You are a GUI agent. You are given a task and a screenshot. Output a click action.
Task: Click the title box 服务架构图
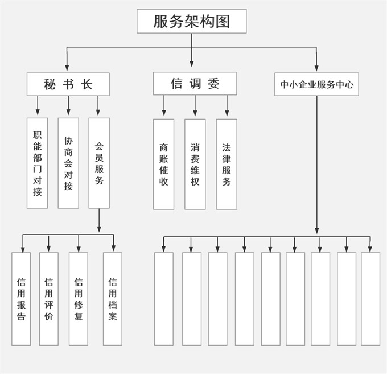click(192, 21)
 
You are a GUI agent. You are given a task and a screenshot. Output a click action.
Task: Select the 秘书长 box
click(68, 84)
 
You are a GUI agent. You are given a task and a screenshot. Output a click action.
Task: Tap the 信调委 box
click(195, 84)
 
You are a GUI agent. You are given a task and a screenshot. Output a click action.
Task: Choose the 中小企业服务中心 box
click(316, 84)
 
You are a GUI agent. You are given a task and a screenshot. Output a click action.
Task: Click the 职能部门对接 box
click(38, 163)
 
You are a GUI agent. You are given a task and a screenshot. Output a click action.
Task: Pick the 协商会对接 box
click(68, 163)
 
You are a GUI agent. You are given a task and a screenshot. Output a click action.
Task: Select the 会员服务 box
click(99, 163)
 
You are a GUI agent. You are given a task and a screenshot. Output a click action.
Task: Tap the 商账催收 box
click(164, 164)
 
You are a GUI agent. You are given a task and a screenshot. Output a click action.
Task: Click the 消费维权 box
click(195, 164)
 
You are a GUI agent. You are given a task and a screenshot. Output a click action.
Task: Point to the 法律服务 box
click(227, 164)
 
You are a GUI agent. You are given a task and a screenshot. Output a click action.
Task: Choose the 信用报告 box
click(21, 299)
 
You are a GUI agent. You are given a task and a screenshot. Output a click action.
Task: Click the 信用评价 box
click(49, 299)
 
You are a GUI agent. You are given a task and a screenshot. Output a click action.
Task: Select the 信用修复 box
click(79, 299)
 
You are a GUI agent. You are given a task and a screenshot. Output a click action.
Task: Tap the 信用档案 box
click(113, 299)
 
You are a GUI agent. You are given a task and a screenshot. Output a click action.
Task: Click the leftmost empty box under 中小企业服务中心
click(164, 299)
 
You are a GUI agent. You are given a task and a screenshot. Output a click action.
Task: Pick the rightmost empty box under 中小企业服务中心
click(370, 299)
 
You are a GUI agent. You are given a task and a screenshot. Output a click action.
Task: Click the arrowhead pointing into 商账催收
click(164, 115)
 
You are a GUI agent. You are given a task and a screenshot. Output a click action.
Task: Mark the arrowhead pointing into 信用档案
click(113, 249)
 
